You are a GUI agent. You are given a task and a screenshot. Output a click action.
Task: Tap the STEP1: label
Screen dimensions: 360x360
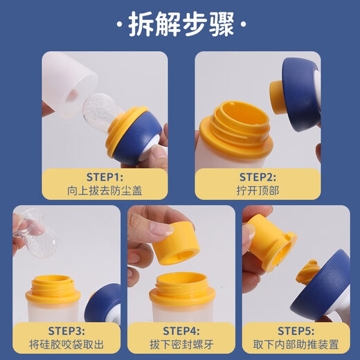[x=105, y=176]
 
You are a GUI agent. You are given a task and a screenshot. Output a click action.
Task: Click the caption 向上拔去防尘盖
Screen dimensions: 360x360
[x=105, y=190]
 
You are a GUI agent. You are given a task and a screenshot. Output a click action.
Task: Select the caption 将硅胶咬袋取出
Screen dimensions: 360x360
[x=65, y=343]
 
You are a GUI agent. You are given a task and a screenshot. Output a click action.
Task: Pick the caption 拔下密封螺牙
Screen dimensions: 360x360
[x=182, y=343]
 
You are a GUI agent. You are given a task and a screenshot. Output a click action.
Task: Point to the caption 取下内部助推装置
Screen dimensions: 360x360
[x=298, y=343]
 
